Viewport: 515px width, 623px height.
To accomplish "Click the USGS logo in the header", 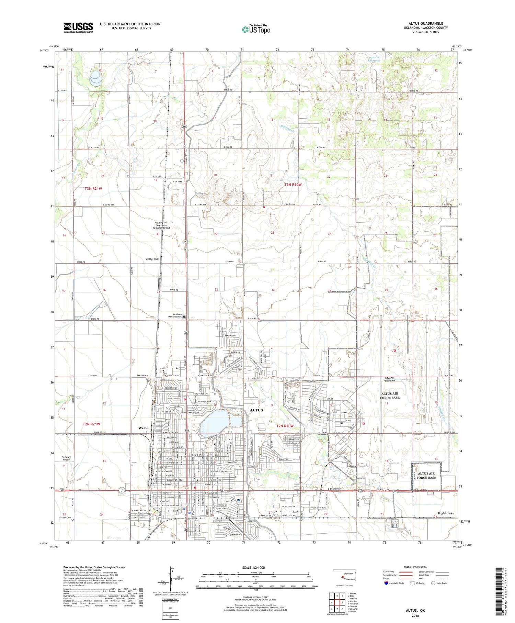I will pyautogui.click(x=78, y=27).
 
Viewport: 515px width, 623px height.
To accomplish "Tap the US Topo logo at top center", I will pyautogui.click(x=256, y=29).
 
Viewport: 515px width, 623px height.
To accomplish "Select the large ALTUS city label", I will pyautogui.click(x=256, y=410).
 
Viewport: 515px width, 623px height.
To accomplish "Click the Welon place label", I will pyautogui.click(x=144, y=428).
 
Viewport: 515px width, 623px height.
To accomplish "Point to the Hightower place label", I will pyautogui.click(x=446, y=513).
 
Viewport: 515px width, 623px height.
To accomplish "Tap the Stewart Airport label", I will pyautogui.click(x=67, y=458).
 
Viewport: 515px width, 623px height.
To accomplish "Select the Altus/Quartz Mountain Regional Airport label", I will pyautogui.click(x=162, y=225).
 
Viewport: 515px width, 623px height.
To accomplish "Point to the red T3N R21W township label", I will pyautogui.click(x=93, y=189).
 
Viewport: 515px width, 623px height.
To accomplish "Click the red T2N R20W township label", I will pyautogui.click(x=285, y=426).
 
